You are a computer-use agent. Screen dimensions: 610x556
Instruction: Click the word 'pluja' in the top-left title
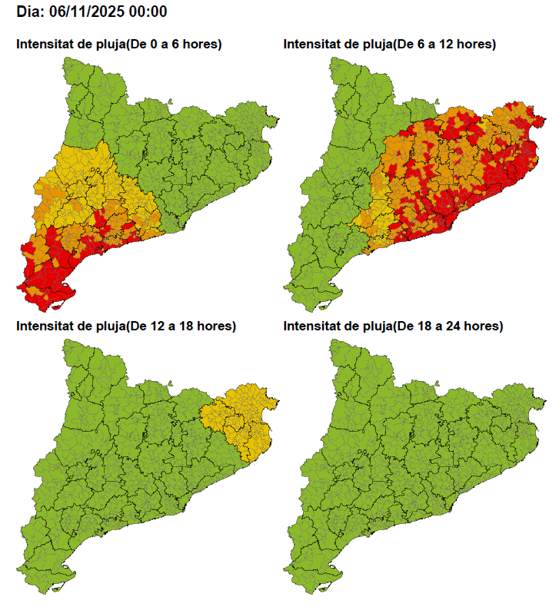(105, 45)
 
